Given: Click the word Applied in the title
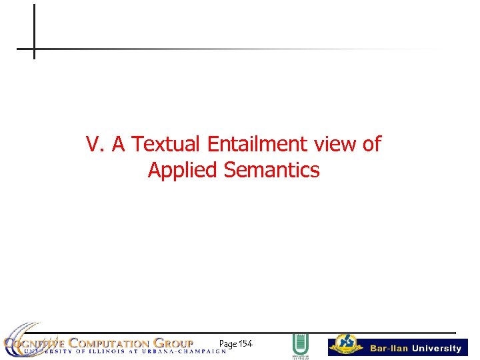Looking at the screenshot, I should click(183, 171).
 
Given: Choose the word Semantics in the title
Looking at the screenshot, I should click(272, 171).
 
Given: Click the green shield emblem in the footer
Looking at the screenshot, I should click(301, 345).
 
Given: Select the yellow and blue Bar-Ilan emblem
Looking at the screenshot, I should click(346, 344).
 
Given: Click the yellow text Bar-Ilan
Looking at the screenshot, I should click(389, 349).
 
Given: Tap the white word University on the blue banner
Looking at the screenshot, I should click(436, 349).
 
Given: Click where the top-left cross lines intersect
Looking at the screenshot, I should click(33, 49).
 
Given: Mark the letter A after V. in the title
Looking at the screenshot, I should click(119, 144).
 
